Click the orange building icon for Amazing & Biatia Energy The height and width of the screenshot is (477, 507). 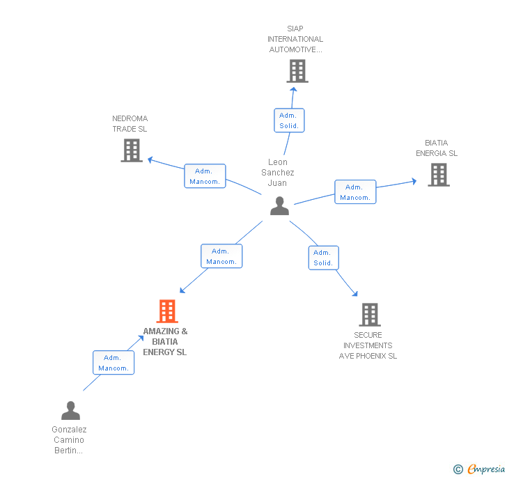click(x=167, y=311)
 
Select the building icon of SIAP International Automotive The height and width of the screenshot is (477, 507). click(x=297, y=71)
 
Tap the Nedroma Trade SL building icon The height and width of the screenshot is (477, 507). click(x=132, y=150)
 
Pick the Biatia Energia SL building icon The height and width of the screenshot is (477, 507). click(x=438, y=175)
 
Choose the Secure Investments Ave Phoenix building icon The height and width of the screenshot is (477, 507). click(x=369, y=315)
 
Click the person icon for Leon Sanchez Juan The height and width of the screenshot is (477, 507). click(x=279, y=206)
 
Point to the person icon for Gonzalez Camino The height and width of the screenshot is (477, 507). click(x=70, y=410)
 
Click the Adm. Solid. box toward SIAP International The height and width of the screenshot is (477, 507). click(x=288, y=120)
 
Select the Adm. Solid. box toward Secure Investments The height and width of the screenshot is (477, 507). click(x=323, y=258)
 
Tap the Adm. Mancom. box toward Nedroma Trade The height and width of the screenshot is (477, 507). click(x=205, y=176)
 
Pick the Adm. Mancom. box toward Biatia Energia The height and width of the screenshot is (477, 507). click(x=355, y=192)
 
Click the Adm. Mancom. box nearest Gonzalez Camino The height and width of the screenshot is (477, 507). click(x=114, y=363)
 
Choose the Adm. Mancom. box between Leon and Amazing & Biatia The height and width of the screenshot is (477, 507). click(x=221, y=256)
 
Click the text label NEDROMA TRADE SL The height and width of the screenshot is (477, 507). click(x=130, y=124)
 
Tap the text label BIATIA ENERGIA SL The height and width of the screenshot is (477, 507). click(x=437, y=148)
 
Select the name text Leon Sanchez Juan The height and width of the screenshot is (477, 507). click(x=278, y=173)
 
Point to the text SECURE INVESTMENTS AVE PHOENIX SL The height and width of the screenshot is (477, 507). click(x=368, y=345)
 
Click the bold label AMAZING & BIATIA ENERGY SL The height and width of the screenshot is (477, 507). click(x=165, y=342)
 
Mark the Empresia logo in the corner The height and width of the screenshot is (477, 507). click(x=480, y=469)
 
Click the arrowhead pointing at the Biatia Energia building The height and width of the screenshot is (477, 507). click(x=413, y=182)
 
